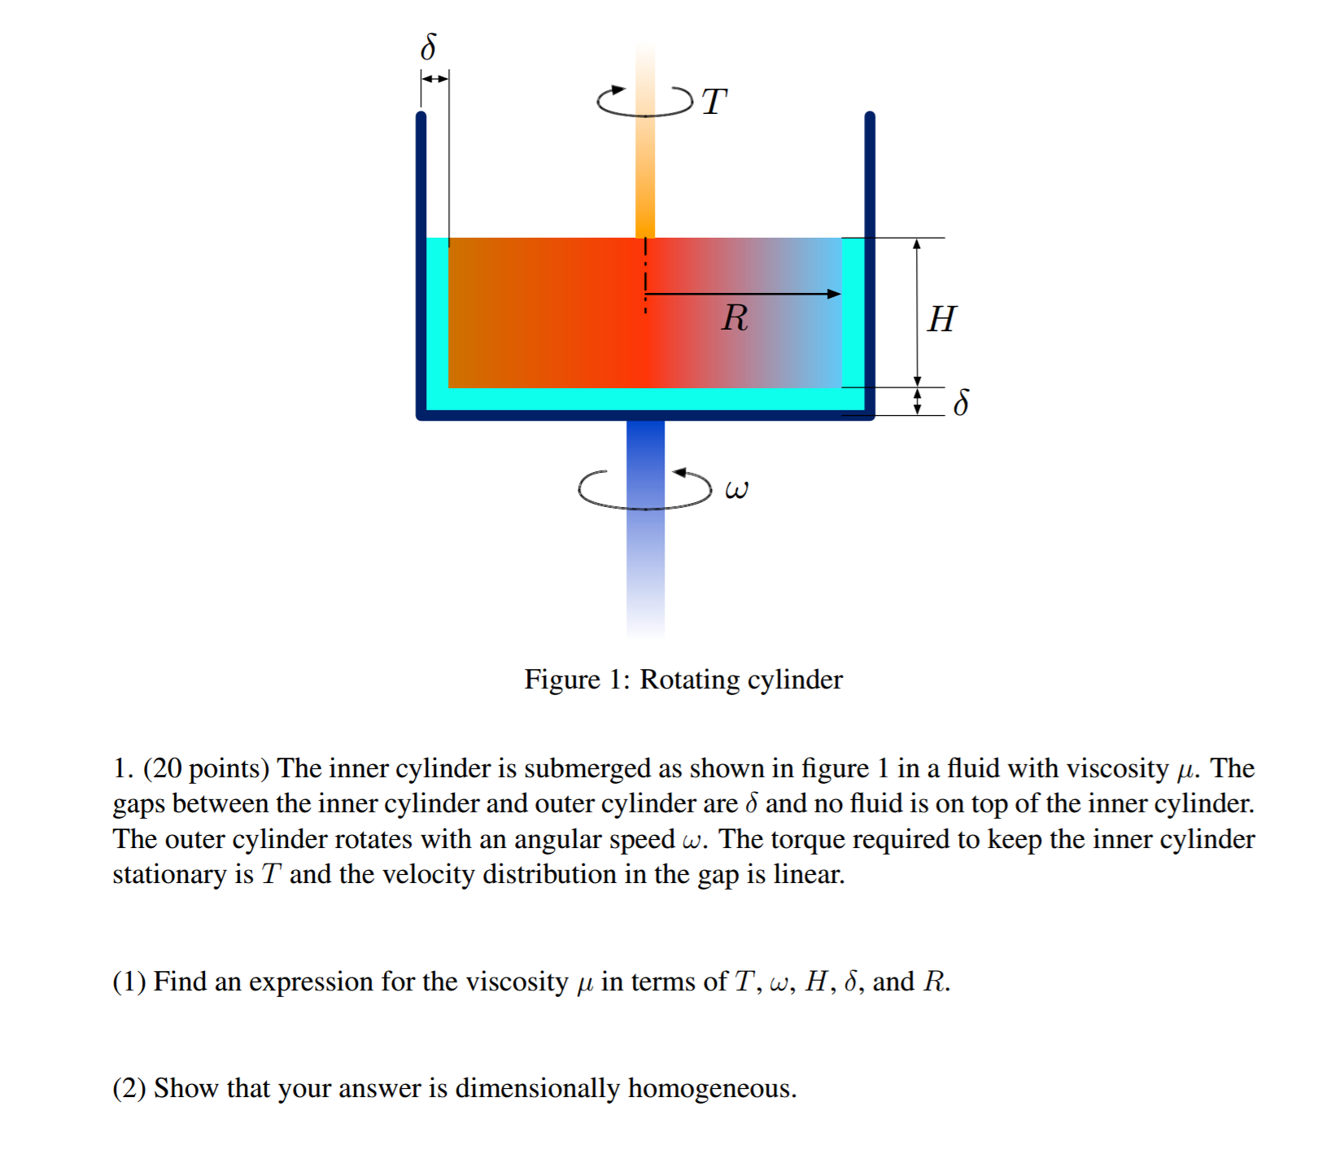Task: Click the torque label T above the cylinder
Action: pyautogui.click(x=713, y=103)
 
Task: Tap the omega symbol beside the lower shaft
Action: pyautogui.click(x=736, y=490)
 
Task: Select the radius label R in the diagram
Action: pyautogui.click(x=734, y=317)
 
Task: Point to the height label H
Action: pyautogui.click(x=941, y=319)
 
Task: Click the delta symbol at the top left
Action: pyautogui.click(x=428, y=47)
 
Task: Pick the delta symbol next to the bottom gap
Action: pyautogui.click(x=961, y=402)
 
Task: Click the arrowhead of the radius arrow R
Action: pyautogui.click(x=834, y=294)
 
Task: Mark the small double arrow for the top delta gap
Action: pyautogui.click(x=434, y=79)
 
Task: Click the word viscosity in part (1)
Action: pyautogui.click(x=516, y=982)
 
